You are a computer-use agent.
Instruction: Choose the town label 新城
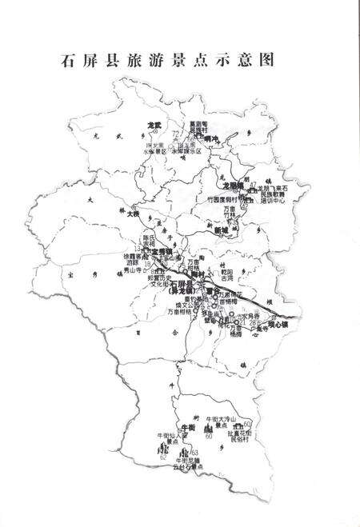click(x=222, y=230)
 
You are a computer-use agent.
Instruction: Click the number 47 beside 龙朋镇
click(x=253, y=184)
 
